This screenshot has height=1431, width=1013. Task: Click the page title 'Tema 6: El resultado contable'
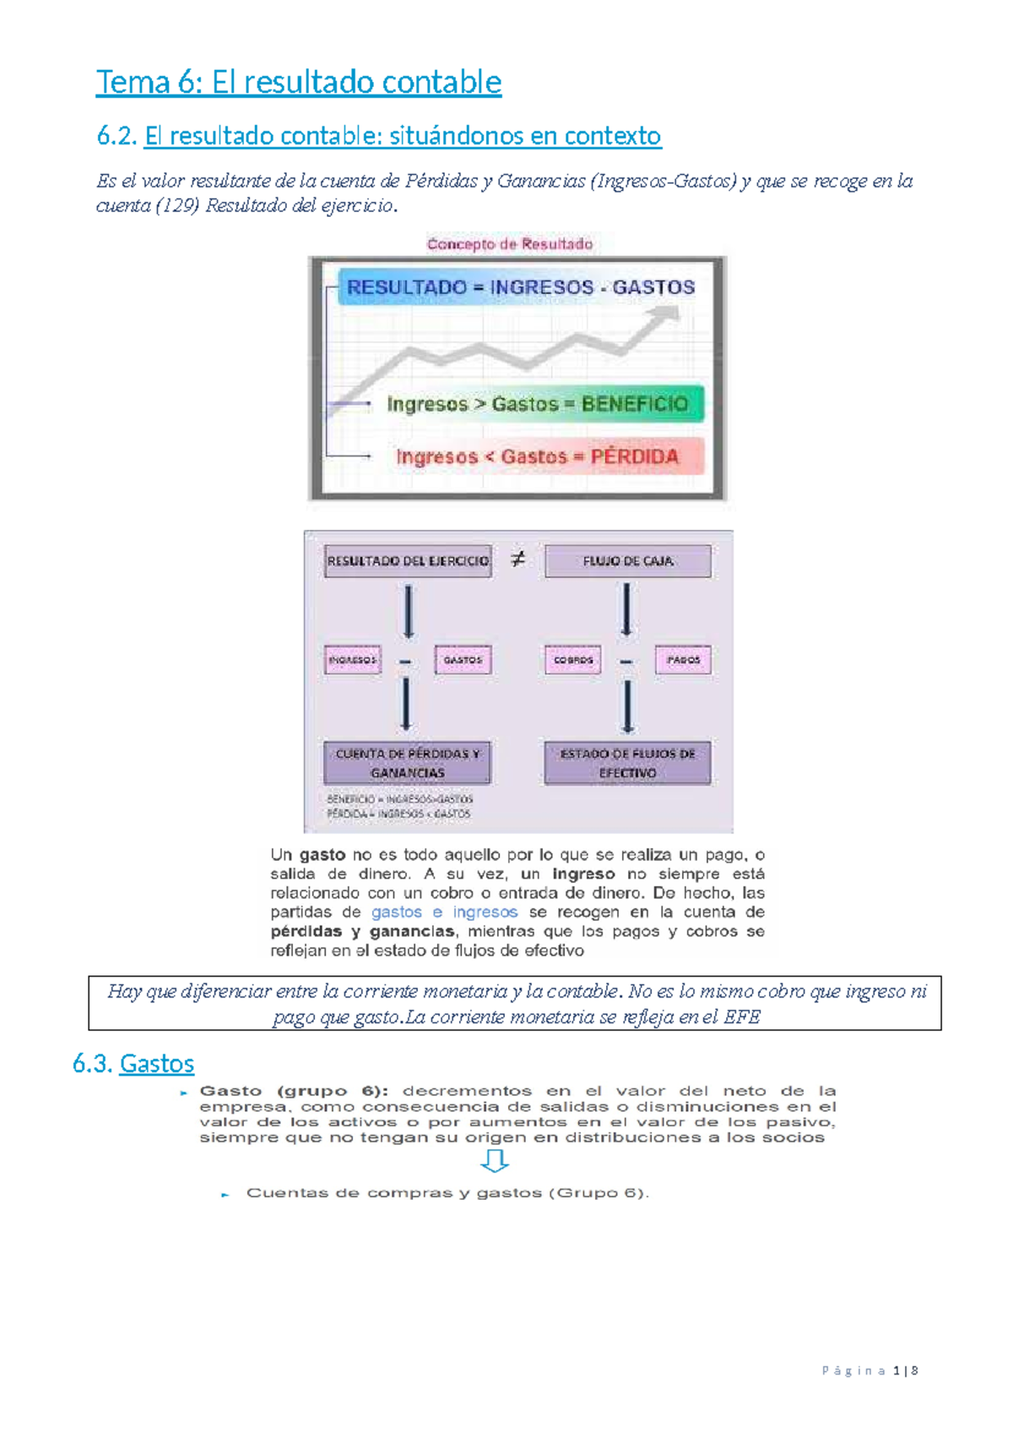click(x=299, y=83)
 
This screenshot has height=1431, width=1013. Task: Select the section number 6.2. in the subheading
click(x=116, y=136)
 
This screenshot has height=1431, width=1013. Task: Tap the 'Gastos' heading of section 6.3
click(x=157, y=1063)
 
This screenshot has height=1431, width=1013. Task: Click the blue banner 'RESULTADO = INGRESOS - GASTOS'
click(x=520, y=288)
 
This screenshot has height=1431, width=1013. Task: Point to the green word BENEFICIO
click(x=635, y=404)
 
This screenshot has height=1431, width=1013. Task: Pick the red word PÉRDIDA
click(x=634, y=456)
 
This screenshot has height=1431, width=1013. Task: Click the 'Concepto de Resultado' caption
click(x=510, y=244)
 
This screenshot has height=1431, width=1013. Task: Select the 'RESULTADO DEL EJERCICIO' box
click(x=408, y=561)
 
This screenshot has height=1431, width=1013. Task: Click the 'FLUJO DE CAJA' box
click(x=628, y=561)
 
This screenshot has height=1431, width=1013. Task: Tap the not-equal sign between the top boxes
click(x=518, y=559)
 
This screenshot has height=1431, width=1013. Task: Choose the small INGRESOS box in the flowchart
click(x=353, y=660)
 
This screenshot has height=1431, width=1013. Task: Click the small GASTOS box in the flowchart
click(x=463, y=660)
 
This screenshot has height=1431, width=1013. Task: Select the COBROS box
click(x=573, y=660)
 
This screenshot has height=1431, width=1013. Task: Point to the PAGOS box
click(x=683, y=660)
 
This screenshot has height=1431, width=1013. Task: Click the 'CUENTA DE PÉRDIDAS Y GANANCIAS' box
click(x=407, y=763)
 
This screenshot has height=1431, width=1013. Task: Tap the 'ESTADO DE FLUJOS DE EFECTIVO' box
click(x=627, y=763)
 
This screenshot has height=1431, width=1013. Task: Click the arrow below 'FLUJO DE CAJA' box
click(x=626, y=609)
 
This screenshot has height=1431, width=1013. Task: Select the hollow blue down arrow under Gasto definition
click(x=495, y=1162)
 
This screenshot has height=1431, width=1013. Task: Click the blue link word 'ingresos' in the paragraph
click(x=485, y=912)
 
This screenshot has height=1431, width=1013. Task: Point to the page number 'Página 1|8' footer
click(x=869, y=1371)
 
